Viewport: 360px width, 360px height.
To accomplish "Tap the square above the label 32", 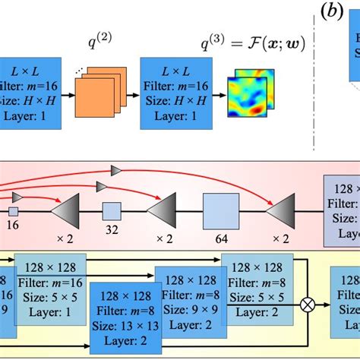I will tap(112, 210).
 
